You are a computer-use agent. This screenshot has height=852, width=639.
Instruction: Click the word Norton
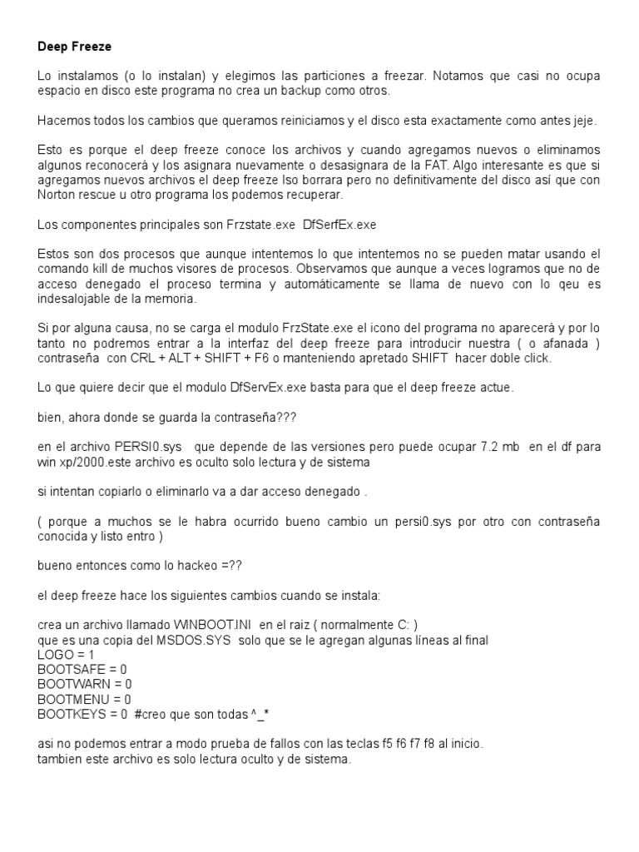(x=57, y=196)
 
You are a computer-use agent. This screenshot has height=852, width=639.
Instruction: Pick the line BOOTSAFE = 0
(x=82, y=669)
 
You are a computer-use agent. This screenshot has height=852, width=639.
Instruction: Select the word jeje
(x=583, y=121)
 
